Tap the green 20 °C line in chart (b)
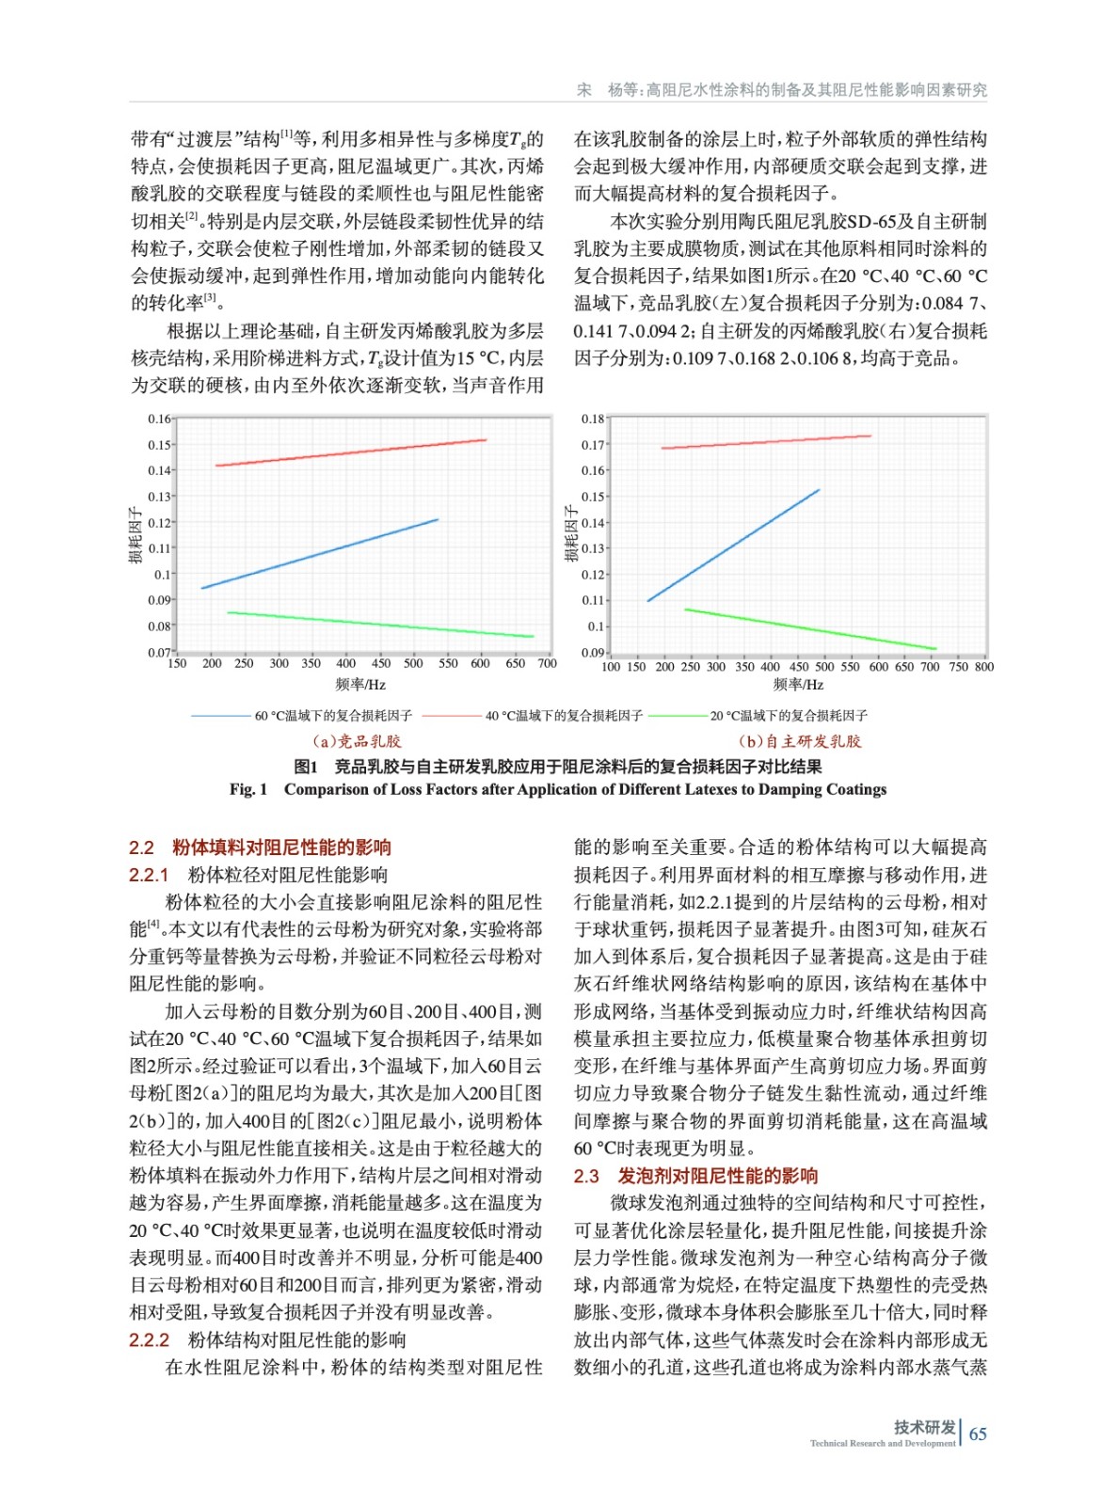(809, 629)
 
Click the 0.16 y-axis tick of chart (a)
(159, 419)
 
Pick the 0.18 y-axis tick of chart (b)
(592, 419)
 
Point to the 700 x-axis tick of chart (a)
(547, 663)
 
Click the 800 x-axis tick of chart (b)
(984, 667)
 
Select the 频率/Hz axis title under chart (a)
(360, 685)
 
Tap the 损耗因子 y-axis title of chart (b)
(570, 534)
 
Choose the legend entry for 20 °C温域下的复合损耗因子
(789, 716)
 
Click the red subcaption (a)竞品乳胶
(357, 741)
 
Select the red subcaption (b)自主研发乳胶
(800, 741)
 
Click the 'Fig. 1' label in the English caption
(248, 789)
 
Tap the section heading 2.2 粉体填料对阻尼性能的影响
(261, 848)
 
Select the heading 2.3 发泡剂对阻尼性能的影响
(695, 1176)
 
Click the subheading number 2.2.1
(149, 875)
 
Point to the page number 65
(978, 1434)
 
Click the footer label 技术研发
(924, 1427)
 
